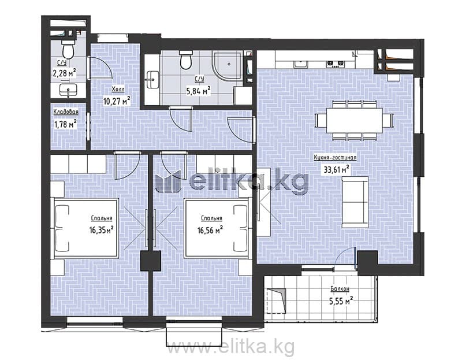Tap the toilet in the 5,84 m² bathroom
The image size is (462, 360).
click(x=186, y=60)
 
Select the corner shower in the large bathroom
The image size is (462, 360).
click(x=228, y=66)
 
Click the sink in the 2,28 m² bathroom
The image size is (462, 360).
click(x=68, y=90)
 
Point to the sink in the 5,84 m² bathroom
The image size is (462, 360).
click(x=152, y=80)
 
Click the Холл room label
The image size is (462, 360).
click(x=118, y=89)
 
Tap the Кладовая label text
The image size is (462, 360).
click(x=66, y=112)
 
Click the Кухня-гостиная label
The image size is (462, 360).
click(x=335, y=157)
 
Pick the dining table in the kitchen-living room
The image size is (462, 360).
click(x=354, y=120)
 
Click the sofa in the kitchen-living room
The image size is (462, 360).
click(x=355, y=202)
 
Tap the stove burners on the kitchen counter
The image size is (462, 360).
click(x=336, y=64)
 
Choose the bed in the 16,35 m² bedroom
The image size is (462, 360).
click(x=86, y=228)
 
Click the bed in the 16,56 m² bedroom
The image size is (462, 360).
click(x=217, y=228)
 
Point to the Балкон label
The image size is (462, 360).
click(x=340, y=289)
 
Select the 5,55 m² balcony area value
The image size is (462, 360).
click(x=341, y=301)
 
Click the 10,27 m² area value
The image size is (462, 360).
click(x=117, y=101)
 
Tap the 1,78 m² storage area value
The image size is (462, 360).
click(x=65, y=124)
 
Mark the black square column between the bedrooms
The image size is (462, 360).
click(x=151, y=261)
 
